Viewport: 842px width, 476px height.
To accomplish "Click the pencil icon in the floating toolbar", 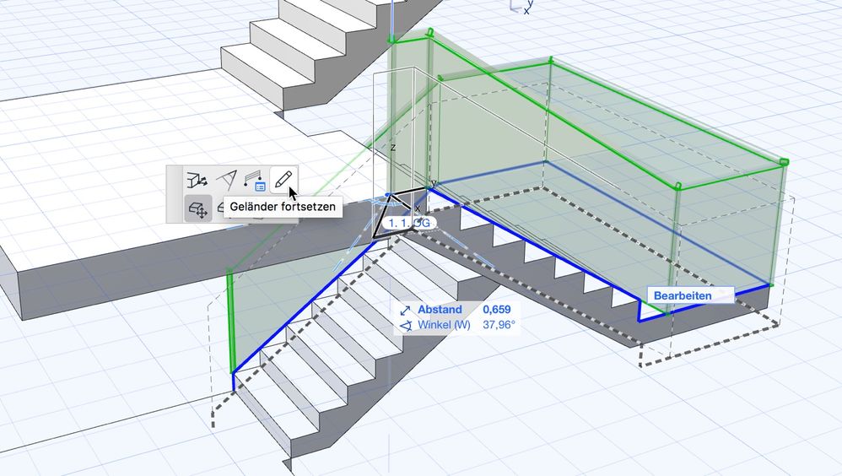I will click(x=284, y=179).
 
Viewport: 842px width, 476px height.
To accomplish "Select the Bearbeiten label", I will click(x=683, y=295).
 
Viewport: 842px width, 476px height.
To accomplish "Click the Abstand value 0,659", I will click(x=496, y=310).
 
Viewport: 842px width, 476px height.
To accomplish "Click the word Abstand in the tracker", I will click(x=440, y=310).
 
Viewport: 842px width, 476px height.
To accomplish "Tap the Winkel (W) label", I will click(x=444, y=325).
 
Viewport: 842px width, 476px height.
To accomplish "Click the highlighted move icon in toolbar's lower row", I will click(x=197, y=208).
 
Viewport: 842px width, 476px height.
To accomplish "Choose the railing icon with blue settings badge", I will click(x=255, y=179).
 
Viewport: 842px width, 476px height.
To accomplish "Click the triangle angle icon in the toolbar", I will click(x=226, y=179).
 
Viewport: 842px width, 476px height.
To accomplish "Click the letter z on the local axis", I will click(x=392, y=147).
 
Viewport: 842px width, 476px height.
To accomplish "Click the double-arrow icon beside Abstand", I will click(x=405, y=311).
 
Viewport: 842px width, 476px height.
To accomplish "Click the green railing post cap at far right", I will click(x=783, y=160).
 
